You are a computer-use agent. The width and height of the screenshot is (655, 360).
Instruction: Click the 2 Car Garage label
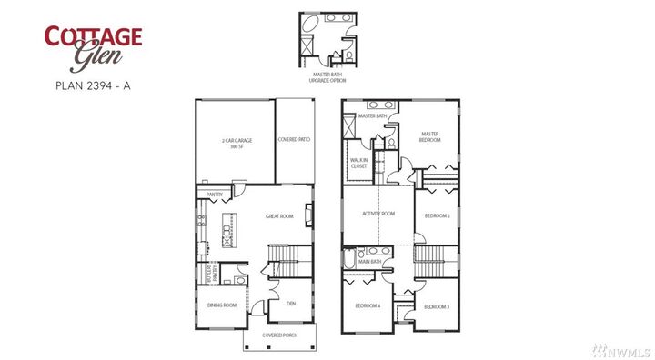click(236, 143)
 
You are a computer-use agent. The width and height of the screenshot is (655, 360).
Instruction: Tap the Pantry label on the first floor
click(216, 195)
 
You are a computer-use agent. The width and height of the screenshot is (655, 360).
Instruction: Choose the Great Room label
click(278, 216)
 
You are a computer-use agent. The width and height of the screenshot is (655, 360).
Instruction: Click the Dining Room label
click(222, 305)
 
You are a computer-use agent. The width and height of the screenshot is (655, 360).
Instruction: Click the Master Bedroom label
click(430, 136)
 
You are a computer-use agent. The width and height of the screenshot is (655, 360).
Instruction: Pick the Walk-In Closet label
click(358, 164)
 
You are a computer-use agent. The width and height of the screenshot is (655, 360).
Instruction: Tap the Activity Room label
click(378, 215)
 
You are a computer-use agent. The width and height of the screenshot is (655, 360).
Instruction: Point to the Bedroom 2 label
click(438, 215)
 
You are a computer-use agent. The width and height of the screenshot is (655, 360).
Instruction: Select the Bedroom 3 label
click(437, 307)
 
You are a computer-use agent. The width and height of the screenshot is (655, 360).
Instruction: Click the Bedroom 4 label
click(368, 306)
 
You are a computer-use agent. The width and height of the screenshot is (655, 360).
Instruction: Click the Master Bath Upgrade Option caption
click(328, 76)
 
